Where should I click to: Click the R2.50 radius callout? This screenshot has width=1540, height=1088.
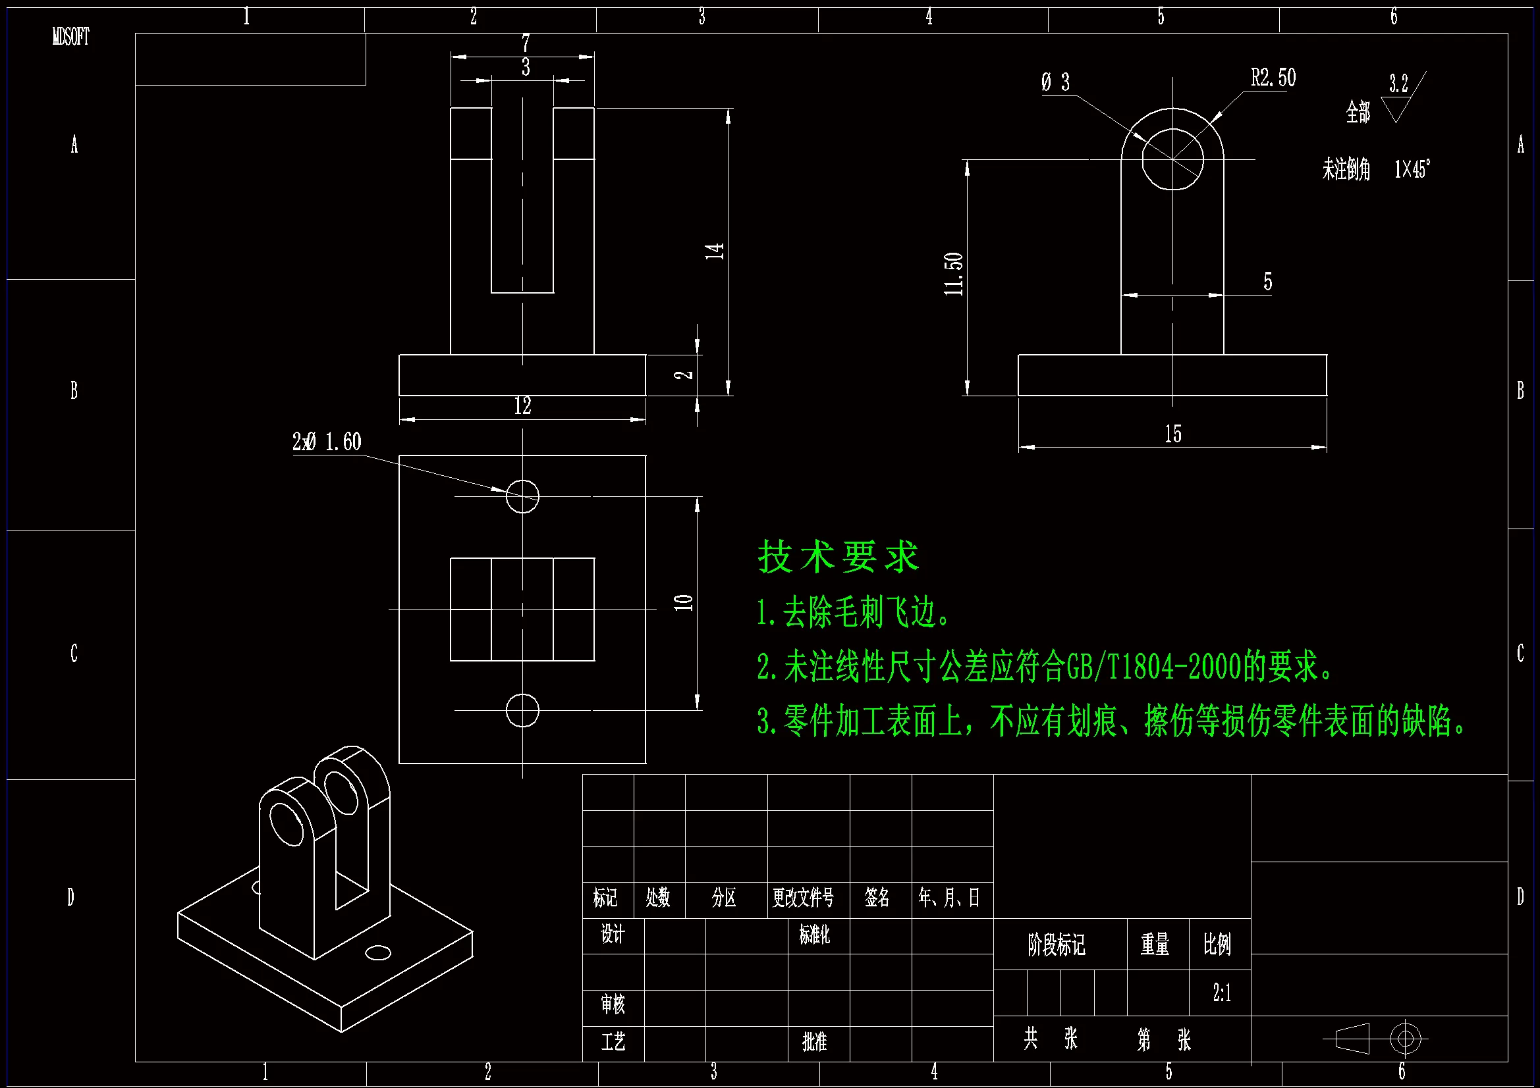pos(1273,78)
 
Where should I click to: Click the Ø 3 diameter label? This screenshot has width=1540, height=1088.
pos(1056,82)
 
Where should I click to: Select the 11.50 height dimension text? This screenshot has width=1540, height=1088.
pos(953,274)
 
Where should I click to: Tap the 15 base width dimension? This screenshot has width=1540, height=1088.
pos(1172,434)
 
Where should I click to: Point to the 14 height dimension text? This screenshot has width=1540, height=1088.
pos(714,251)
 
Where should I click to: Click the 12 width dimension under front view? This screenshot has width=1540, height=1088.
pos(522,406)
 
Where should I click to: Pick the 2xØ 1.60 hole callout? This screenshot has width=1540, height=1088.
pos(327,442)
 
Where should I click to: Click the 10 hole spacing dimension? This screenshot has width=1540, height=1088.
pos(684,602)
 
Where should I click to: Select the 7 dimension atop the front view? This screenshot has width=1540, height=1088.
pos(526,43)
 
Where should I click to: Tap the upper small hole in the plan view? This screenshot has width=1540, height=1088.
pos(522,497)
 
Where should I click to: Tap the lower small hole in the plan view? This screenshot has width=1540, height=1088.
pos(522,711)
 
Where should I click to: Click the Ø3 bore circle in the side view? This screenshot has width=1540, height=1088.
pos(1172,159)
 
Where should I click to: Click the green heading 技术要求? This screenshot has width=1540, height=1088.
pos(838,557)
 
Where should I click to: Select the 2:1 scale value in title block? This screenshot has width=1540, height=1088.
pos(1221,993)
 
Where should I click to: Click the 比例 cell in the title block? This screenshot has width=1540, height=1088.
pos(1217,945)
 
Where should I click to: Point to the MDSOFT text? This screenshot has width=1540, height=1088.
pos(71,37)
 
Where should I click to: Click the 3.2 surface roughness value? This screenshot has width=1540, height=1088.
pos(1398,84)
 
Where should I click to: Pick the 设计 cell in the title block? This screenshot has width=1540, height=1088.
pos(613,934)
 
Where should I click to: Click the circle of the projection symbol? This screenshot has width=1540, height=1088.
pos(1405,1039)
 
